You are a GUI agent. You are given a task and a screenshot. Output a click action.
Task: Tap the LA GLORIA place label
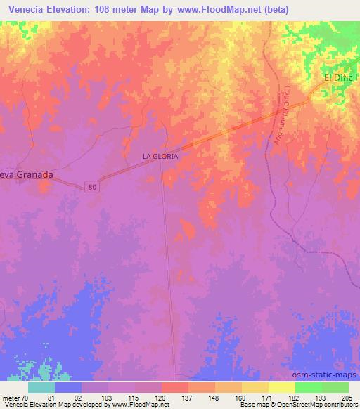[160, 157]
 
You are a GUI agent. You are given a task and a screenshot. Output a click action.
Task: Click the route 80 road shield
[94, 187]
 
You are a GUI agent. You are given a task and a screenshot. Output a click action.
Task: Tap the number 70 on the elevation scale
[25, 397]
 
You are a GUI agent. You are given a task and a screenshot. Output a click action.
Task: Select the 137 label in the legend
[188, 397]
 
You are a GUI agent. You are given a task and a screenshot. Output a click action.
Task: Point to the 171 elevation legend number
[267, 397]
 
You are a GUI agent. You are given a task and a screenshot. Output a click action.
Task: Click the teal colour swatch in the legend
[42, 387]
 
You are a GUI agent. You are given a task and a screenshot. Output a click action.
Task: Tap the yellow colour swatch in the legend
[282, 387]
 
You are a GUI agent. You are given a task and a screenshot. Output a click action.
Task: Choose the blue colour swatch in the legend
[69, 387]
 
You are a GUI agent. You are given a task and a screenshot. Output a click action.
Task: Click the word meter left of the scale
[10, 397]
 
